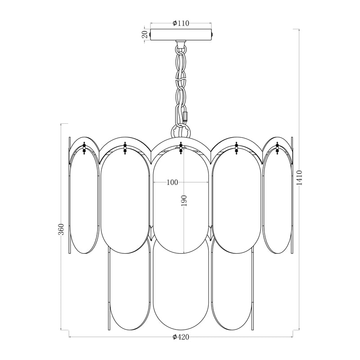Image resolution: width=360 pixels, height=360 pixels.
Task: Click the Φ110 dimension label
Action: pyautogui.click(x=180, y=24)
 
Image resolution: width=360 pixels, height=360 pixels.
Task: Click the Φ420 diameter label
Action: pyautogui.click(x=180, y=337)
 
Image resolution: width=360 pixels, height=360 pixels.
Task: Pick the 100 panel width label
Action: pyautogui.click(x=172, y=182)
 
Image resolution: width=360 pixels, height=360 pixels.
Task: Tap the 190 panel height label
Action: pyautogui.click(x=184, y=201)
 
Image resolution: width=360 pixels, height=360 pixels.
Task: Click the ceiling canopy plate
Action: pyautogui.click(x=180, y=35)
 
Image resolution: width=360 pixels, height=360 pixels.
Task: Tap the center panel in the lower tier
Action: pyautogui.click(x=180, y=288)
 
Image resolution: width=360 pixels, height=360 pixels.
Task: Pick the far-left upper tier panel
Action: pyautogui.click(x=84, y=202)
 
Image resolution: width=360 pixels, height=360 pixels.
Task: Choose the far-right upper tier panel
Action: pyautogui.click(x=277, y=202)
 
